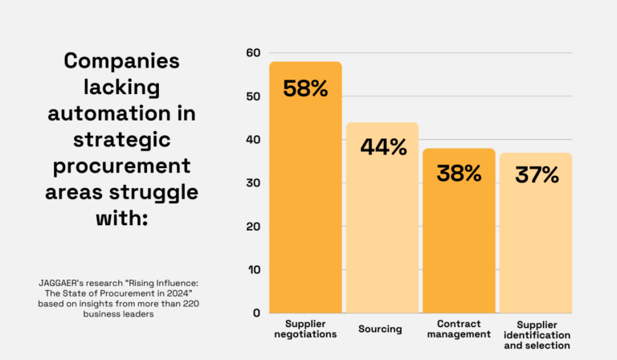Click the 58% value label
click(x=305, y=88)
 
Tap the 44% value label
click(x=382, y=148)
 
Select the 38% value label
click(x=459, y=173)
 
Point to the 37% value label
click(x=535, y=174)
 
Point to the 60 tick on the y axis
click(x=254, y=53)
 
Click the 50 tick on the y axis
click(x=254, y=96)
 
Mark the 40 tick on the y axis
click(x=254, y=140)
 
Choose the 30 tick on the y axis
click(x=254, y=183)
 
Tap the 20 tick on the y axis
click(x=254, y=227)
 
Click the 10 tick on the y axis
click(x=254, y=270)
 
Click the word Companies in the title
click(x=121, y=62)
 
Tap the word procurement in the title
click(x=121, y=166)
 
